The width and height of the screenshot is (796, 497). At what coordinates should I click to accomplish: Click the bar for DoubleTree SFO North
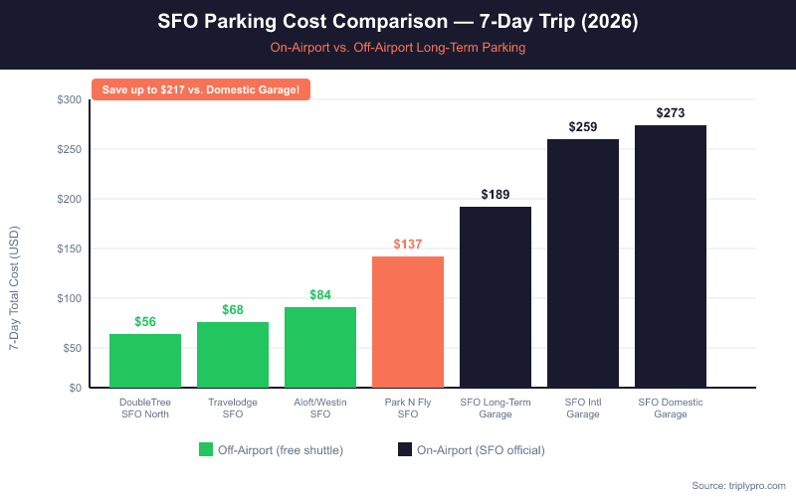pyautogui.click(x=145, y=361)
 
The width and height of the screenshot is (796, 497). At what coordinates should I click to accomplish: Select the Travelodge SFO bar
pyautogui.click(x=233, y=355)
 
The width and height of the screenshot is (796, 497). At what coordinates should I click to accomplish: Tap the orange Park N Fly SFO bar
pyautogui.click(x=408, y=322)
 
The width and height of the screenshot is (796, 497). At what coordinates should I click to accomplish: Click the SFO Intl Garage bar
pyautogui.click(x=583, y=263)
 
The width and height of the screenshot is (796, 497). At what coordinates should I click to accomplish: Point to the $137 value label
pyautogui.click(x=408, y=245)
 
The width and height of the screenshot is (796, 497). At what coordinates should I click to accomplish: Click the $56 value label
pyautogui.click(x=145, y=322)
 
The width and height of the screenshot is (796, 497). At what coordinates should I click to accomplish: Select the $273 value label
pyautogui.click(x=671, y=113)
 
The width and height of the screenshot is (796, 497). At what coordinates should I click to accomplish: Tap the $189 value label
pyautogui.click(x=496, y=195)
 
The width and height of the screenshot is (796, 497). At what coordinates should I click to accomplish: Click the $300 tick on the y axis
pyautogui.click(x=70, y=100)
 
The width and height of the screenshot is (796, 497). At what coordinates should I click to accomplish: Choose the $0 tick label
pyautogui.click(x=75, y=388)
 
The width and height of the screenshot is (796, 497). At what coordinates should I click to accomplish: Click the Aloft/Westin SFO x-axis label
pyautogui.click(x=320, y=408)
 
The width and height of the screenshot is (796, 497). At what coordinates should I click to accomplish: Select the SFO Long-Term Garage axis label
pyautogui.click(x=496, y=408)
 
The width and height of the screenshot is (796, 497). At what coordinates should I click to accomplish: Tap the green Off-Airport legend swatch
pyautogui.click(x=206, y=449)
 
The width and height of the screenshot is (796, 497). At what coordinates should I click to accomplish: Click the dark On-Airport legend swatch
pyautogui.click(x=405, y=449)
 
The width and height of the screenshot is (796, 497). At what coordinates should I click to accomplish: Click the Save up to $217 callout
pyautogui.click(x=201, y=89)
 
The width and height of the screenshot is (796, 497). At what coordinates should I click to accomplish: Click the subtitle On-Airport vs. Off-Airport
pyautogui.click(x=398, y=47)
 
